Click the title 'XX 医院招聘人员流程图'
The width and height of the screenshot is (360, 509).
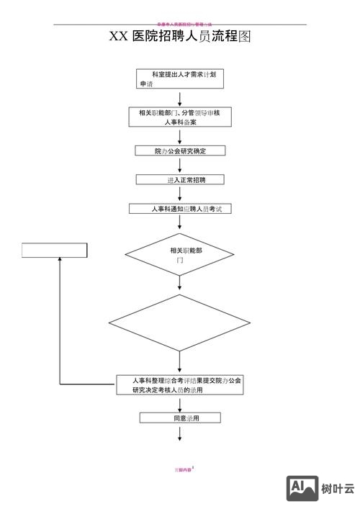point(180,37)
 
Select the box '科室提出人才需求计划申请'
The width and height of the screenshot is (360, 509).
point(179,78)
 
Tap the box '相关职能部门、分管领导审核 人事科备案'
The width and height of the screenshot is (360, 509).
point(179,117)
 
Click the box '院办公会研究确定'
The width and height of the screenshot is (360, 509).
point(179,150)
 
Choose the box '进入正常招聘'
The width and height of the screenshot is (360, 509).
point(179,179)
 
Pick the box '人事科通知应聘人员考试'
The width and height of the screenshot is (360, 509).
point(179,209)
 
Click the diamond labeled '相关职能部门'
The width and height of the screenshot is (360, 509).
point(179,254)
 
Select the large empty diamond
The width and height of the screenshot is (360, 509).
point(179,323)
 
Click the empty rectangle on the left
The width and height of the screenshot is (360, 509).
point(55,251)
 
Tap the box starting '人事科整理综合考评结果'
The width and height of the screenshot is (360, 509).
point(179,384)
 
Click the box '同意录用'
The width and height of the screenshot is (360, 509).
point(179,418)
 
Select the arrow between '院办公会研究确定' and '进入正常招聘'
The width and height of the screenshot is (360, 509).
point(179,165)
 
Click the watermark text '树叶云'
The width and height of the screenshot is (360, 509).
point(338,489)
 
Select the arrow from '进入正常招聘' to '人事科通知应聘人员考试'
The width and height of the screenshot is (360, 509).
point(179,194)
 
